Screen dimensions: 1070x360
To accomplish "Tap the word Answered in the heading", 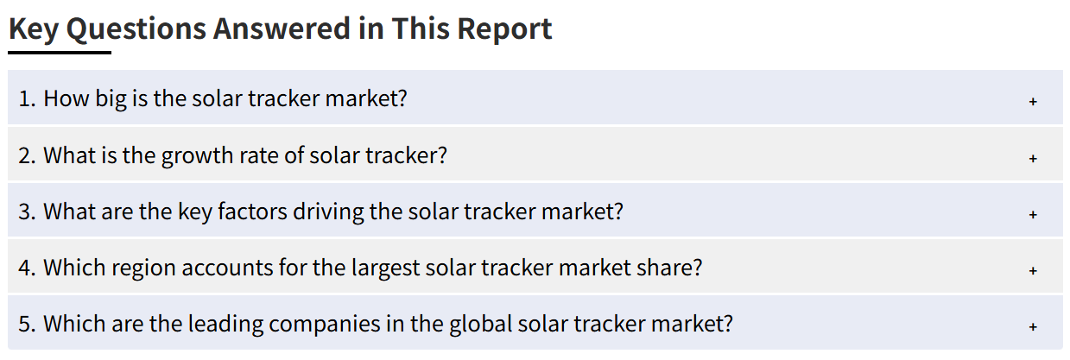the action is [282, 28].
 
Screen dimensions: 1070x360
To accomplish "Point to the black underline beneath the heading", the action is [60, 52].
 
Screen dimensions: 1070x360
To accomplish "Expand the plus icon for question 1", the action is [1033, 101].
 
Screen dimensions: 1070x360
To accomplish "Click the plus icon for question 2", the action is [1033, 158].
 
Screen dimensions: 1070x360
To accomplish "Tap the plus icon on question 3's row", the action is [1033, 214].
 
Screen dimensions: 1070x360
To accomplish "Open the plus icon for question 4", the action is [1033, 270].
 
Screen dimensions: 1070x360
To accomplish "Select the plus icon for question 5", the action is [1033, 326].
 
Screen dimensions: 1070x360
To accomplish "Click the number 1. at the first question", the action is [28, 98].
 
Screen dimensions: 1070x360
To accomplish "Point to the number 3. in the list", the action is [28, 212].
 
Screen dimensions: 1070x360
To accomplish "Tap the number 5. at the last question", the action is [28, 325].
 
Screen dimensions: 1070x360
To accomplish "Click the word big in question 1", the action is [111, 100].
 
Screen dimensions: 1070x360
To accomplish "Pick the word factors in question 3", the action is [252, 212].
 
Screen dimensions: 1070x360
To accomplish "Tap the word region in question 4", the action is [143, 268].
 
